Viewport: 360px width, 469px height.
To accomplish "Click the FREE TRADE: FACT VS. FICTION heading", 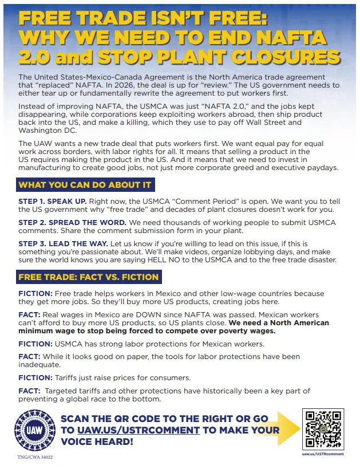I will coord(89,277).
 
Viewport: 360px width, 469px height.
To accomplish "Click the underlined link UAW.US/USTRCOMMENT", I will coord(137,430).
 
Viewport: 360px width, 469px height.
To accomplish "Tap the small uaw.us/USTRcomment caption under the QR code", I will coord(323,454).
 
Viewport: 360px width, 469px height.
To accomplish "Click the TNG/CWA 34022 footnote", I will coord(35,458).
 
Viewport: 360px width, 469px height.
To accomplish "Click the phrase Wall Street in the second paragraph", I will coord(278,122).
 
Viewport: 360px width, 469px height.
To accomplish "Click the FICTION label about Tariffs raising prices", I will coord(35,377).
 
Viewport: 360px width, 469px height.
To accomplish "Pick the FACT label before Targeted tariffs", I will coord(29,391).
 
